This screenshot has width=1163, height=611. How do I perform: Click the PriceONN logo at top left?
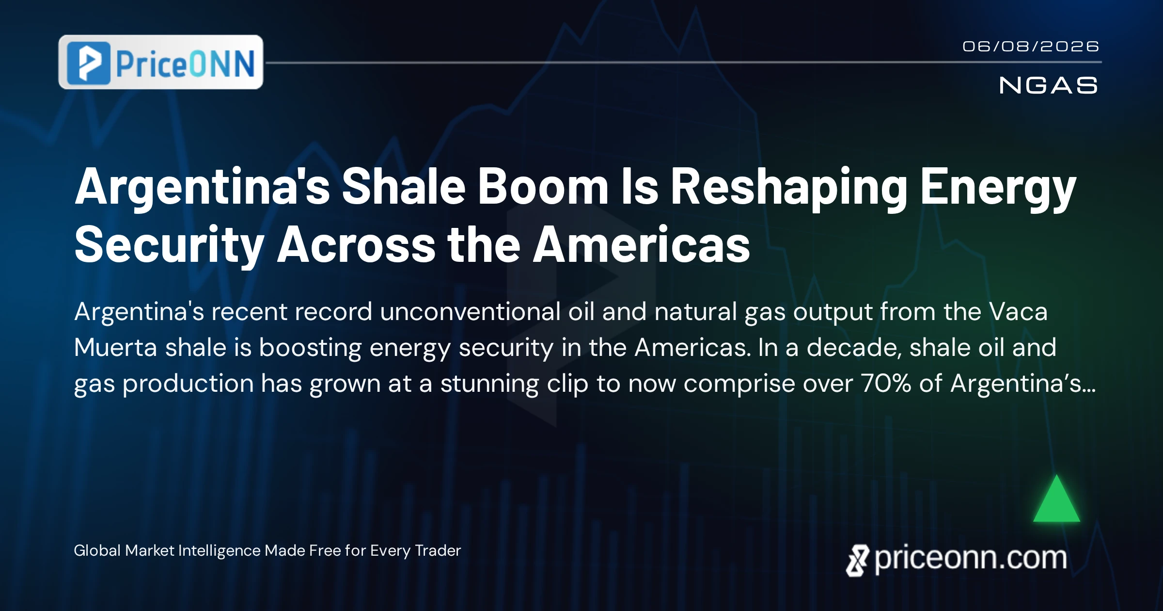pyautogui.click(x=161, y=62)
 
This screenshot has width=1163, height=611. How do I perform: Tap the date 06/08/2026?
pyautogui.click(x=1031, y=47)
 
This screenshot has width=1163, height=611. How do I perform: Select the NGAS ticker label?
pyautogui.click(x=1048, y=85)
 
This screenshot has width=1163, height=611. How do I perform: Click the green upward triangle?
pyautogui.click(x=1056, y=498)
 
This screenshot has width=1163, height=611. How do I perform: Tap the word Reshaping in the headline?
pyautogui.click(x=789, y=189)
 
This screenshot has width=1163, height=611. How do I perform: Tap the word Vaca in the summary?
pyautogui.click(x=1018, y=311)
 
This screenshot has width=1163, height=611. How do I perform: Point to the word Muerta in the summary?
pyautogui.click(x=116, y=347)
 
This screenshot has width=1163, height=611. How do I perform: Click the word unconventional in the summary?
pyautogui.click(x=470, y=311)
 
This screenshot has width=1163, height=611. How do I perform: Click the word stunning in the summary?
pyautogui.click(x=489, y=384)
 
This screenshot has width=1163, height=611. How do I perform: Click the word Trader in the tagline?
pyautogui.click(x=438, y=550)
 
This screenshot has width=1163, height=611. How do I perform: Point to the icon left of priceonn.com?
pyautogui.click(x=858, y=561)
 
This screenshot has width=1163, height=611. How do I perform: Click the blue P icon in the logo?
pyautogui.click(x=89, y=63)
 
